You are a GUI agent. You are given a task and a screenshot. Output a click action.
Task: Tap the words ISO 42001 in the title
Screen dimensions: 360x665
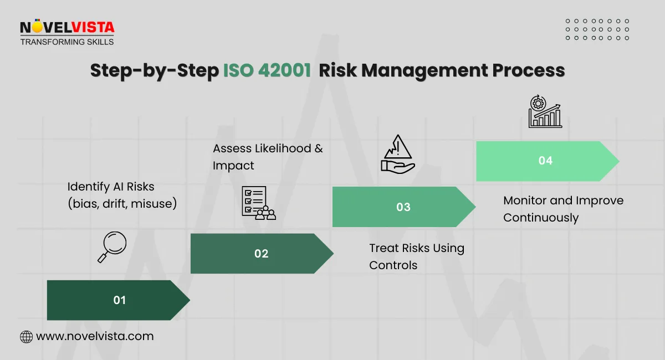click(267, 71)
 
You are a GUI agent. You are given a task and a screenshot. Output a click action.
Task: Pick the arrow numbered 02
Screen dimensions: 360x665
click(261, 254)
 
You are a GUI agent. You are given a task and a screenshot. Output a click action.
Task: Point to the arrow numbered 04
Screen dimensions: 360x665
click(546, 161)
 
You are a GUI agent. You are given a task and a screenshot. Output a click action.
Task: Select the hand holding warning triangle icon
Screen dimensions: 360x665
click(397, 157)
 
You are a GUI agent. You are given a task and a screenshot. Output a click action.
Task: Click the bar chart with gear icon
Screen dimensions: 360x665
click(544, 112)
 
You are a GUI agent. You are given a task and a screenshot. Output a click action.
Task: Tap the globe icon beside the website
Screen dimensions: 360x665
click(26, 336)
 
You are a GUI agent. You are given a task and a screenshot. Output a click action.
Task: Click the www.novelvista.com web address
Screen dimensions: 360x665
click(95, 336)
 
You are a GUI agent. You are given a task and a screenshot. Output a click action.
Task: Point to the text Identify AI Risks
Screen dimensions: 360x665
click(111, 187)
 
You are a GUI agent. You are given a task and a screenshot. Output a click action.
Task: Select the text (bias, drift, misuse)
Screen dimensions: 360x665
click(122, 204)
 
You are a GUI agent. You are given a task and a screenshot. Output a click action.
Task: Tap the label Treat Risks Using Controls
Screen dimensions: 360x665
click(417, 256)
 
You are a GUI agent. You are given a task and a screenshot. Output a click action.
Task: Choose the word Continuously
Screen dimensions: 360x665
click(540, 218)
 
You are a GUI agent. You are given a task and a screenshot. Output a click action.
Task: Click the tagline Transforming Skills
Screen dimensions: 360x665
click(66, 42)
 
